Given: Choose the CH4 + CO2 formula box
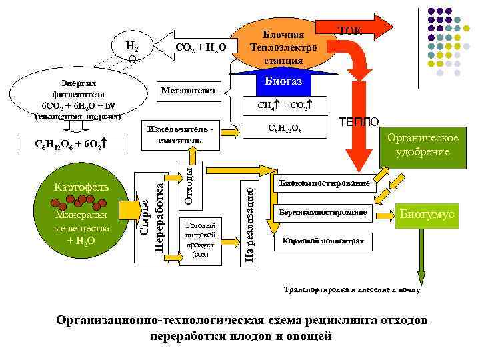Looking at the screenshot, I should click(283, 105).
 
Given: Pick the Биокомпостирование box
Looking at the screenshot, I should click(325, 183).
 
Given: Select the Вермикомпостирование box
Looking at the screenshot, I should click(325, 212).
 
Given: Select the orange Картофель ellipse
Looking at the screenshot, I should click(83, 187).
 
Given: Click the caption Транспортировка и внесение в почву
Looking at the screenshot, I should click(352, 291).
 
